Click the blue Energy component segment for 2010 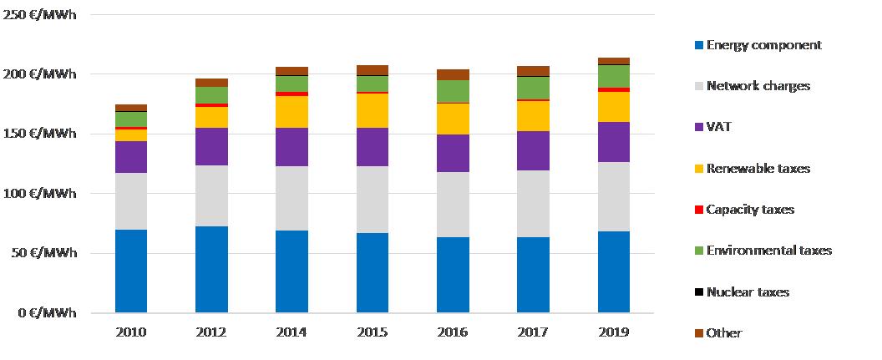pyautogui.click(x=131, y=271)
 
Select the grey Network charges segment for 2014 pyautogui.click(x=291, y=198)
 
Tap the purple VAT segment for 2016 pyautogui.click(x=452, y=153)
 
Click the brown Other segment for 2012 pyautogui.click(x=211, y=83)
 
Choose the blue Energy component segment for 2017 pyautogui.click(x=532, y=275)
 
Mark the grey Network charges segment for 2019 pyautogui.click(x=613, y=196)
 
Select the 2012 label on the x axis pyautogui.click(x=211, y=332)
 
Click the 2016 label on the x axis pyautogui.click(x=452, y=332)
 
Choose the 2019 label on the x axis pyautogui.click(x=613, y=332)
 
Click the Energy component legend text pyautogui.click(x=763, y=45)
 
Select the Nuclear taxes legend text pyautogui.click(x=748, y=292)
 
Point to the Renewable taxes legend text pyautogui.click(x=758, y=169)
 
